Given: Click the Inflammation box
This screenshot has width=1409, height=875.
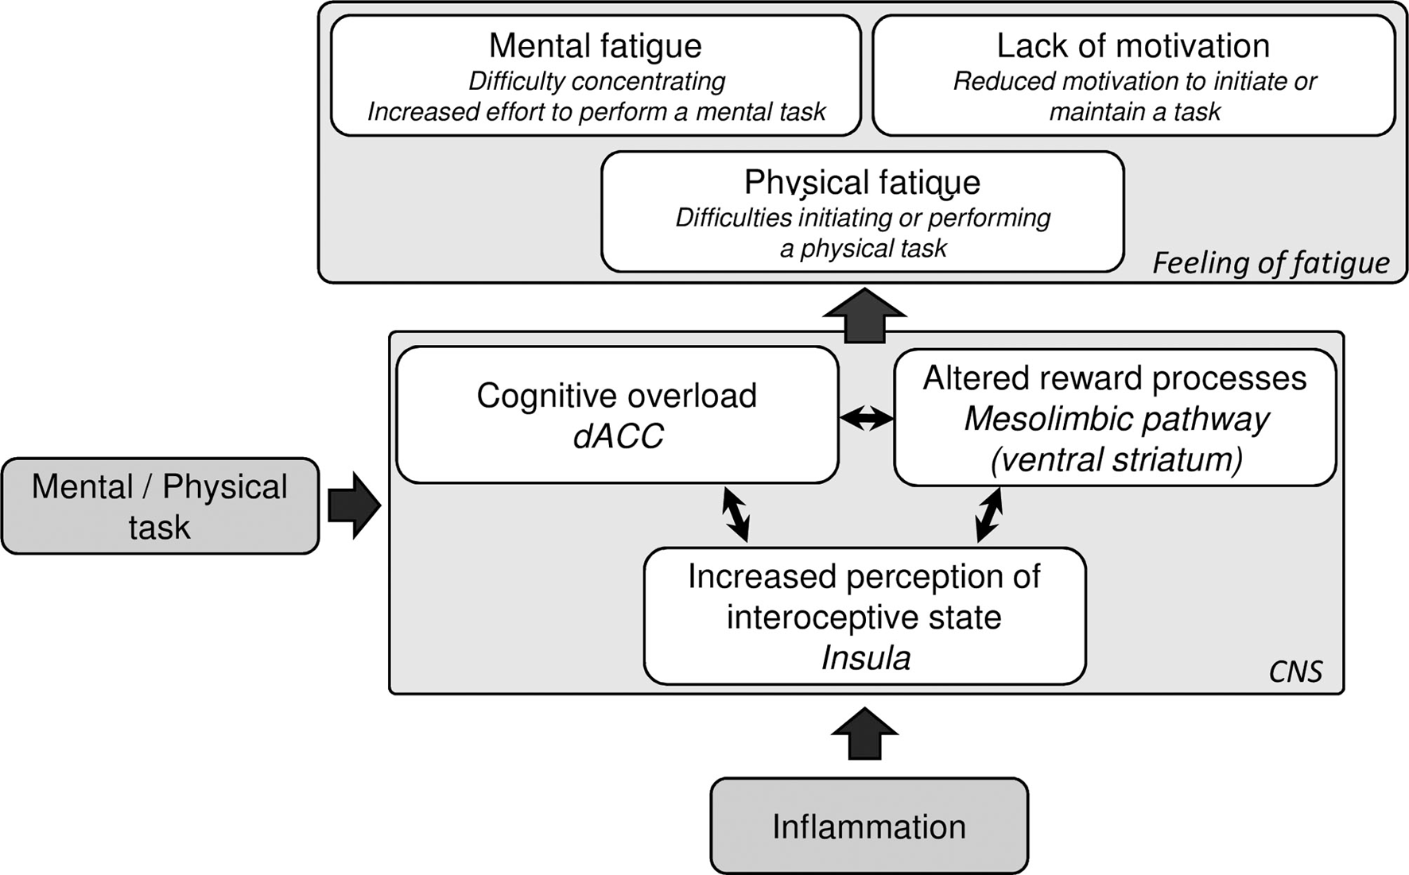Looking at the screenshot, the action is tap(869, 826).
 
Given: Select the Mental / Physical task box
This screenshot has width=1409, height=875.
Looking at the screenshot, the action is tap(160, 505).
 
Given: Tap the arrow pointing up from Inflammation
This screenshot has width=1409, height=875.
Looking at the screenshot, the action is tap(865, 734).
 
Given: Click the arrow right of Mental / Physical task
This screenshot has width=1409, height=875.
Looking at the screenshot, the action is tap(355, 506).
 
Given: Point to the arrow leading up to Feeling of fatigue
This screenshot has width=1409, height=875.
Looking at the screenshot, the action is tap(865, 316).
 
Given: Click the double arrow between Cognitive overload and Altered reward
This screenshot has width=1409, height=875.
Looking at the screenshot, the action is tap(867, 417).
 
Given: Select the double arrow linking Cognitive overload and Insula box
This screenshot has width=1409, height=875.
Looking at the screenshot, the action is tap(736, 515).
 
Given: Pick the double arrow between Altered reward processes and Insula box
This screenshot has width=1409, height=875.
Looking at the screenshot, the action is tap(989, 515).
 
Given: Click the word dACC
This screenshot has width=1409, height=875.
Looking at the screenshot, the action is tap(618, 436).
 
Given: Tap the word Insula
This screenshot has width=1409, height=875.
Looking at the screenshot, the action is tap(865, 658).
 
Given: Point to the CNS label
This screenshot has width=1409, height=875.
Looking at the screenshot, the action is tap(1295, 672).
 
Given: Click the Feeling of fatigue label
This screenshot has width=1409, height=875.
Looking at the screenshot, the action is tap(1271, 262).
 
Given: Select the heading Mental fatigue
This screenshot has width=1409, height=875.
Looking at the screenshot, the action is tap(596, 45).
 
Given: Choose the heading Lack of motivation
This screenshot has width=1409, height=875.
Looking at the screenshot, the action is tap(1133, 45).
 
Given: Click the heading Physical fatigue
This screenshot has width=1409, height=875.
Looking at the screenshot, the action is tap(862, 183).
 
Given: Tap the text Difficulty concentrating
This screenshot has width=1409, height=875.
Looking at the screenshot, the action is tap(596, 81).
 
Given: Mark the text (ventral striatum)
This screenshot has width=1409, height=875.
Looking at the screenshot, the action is tap(1116, 460).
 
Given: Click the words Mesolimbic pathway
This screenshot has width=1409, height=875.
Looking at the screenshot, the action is tap(1116, 419).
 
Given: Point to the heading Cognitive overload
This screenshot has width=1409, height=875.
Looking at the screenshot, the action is tap(617, 395).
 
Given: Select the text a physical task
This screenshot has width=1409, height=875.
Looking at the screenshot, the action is tap(863, 249).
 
